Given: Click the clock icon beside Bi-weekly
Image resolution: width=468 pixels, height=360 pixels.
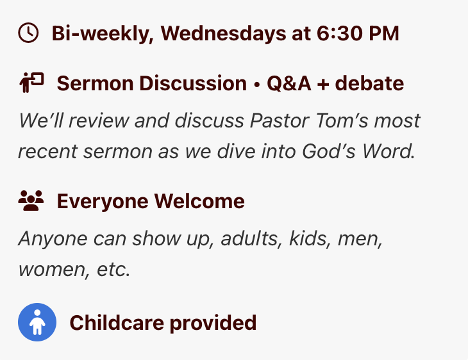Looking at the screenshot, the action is [28, 33].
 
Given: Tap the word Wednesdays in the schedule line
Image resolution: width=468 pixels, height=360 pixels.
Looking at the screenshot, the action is [223, 33].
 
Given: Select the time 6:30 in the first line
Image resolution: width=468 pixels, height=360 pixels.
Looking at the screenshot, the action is [339, 33].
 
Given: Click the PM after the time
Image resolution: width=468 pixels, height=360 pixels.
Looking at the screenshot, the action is [384, 33].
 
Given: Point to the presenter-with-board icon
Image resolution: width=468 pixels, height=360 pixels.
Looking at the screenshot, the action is [31, 83].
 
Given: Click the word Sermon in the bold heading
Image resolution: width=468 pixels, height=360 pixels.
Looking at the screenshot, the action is [95, 83].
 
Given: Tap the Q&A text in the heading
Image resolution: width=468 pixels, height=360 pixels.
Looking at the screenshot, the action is [289, 83].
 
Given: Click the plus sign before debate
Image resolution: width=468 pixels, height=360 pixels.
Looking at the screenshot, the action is [323, 84].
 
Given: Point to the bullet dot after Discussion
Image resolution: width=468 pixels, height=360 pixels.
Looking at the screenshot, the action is [256, 84].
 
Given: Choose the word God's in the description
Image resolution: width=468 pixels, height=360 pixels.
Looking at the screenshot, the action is [328, 151].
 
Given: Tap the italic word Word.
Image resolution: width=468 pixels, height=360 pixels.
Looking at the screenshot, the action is [388, 151].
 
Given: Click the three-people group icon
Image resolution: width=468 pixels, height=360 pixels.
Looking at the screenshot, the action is [31, 200].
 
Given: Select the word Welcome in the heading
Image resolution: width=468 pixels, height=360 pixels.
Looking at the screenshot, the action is [199, 201].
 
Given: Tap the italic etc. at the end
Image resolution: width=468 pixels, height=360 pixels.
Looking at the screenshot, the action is [113, 270].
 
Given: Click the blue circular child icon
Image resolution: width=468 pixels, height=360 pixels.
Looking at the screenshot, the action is [37, 322].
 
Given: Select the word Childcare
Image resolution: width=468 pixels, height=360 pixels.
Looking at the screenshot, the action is [117, 323].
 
